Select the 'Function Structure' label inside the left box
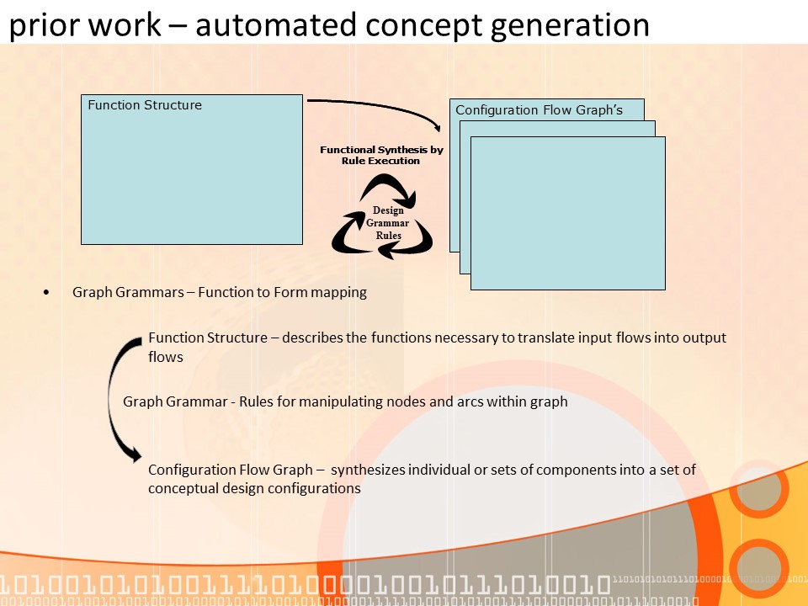pyautogui.click(x=145, y=105)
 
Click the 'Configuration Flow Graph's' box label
pyautogui.click(x=538, y=110)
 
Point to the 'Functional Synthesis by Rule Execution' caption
pyautogui.click(x=381, y=155)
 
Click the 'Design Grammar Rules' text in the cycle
pyautogui.click(x=387, y=223)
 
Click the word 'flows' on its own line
pyautogui.click(x=166, y=357)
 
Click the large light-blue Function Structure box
pyautogui.click(x=191, y=177)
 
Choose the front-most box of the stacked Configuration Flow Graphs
pyautogui.click(x=567, y=219)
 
